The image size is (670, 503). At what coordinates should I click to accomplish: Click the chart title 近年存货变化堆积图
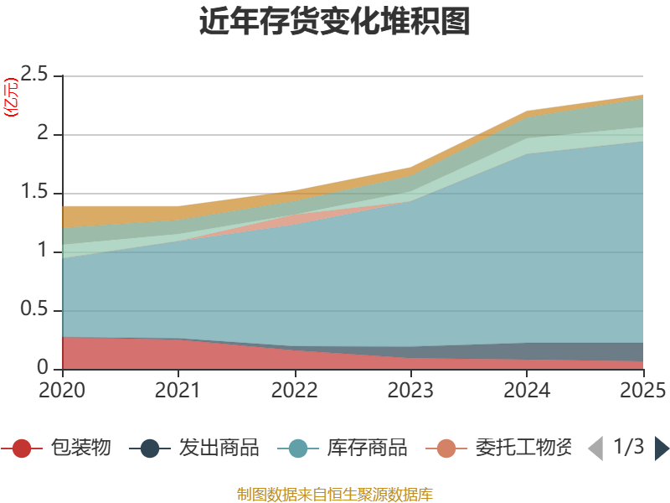pos(335,22)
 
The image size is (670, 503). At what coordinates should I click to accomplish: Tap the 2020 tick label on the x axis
pos(62,390)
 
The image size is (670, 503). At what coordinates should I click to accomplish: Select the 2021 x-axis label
pos(178,390)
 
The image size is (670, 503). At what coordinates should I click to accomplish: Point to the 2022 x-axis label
pos(294,390)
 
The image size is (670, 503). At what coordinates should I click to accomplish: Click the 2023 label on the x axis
pos(410,390)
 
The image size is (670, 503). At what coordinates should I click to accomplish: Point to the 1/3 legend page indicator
pos(628,447)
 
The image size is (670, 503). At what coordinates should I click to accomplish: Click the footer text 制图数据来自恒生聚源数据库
pos(335,494)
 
